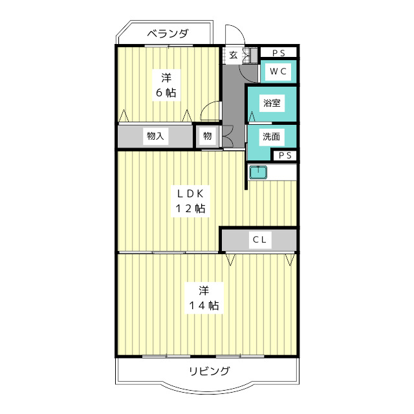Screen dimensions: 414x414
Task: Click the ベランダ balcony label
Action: tap(167, 34)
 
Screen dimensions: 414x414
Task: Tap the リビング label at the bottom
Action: tap(209, 371)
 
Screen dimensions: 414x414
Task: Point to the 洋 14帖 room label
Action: tap(203, 297)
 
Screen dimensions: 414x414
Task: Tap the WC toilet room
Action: tap(278, 71)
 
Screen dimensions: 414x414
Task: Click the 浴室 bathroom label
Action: tap(271, 103)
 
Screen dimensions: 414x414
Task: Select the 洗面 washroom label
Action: tap(271, 136)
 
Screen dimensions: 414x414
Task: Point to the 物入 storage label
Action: tap(155, 136)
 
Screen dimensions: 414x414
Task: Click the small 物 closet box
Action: tap(207, 136)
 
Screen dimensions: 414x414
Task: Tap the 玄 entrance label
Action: tap(232, 55)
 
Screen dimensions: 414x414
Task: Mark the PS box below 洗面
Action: tap(285, 155)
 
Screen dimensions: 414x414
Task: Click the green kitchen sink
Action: tap(258, 172)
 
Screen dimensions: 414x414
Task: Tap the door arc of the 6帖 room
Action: tap(210, 111)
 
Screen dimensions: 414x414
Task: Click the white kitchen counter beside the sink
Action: tap(282, 172)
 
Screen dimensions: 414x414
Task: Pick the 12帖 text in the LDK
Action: tap(188, 208)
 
